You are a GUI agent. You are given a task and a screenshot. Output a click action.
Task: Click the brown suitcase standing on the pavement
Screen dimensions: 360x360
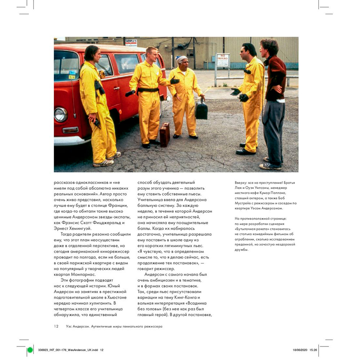(165, 134)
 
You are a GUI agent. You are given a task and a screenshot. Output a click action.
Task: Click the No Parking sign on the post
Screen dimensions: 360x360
(223, 60)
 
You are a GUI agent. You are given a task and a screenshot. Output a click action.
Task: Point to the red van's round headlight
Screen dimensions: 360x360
(60, 114)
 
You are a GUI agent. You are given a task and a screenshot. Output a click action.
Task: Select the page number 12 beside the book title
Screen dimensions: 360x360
(56, 327)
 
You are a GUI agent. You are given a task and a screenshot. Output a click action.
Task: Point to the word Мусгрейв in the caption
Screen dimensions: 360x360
(244, 203)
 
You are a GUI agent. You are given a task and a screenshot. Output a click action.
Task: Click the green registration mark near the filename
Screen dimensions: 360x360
(30, 350)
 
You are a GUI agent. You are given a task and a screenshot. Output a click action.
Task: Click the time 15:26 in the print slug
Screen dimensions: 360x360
(313, 350)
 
